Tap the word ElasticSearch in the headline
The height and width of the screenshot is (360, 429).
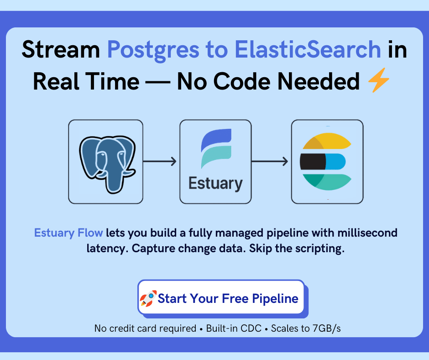pyautogui.click(x=309, y=50)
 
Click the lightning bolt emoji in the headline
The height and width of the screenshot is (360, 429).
pyautogui.click(x=379, y=82)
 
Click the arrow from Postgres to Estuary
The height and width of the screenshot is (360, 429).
pyautogui.click(x=160, y=161)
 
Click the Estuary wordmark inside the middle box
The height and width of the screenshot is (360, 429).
pyautogui.click(x=215, y=184)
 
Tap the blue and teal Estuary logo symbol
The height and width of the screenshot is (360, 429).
pyautogui.click(x=216, y=148)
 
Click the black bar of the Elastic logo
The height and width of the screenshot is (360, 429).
pyautogui.click(x=313, y=161)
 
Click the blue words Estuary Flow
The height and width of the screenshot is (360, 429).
pyautogui.click(x=68, y=233)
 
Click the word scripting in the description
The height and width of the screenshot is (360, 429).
pyautogui.click(x=319, y=249)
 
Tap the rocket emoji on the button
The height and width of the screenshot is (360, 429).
pyautogui.click(x=148, y=299)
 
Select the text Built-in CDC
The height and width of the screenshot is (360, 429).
pyautogui.click(x=234, y=328)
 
